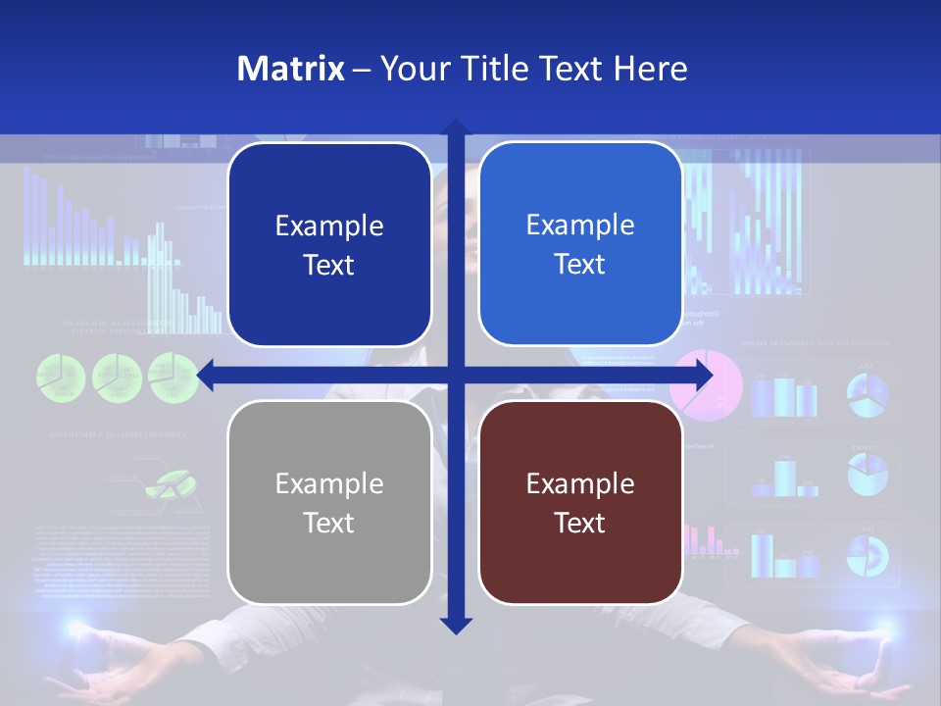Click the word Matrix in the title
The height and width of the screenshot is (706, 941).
(290, 69)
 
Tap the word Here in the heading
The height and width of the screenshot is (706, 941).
(650, 69)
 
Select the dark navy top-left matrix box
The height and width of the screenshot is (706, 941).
(329, 244)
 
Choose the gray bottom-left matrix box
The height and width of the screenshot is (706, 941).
(329, 503)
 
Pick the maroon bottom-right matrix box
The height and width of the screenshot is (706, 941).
(580, 503)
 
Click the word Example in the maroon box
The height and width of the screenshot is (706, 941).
(580, 483)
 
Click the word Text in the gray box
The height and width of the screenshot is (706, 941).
(328, 523)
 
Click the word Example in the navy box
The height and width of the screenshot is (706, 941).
(329, 226)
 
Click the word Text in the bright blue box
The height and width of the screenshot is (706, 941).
(579, 264)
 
